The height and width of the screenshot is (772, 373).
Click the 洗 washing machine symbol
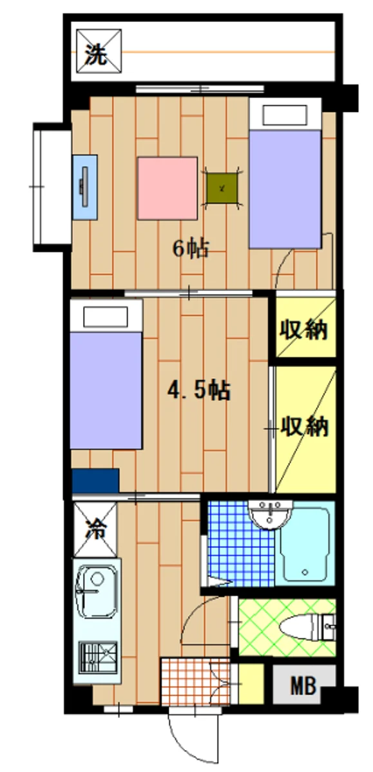pyautogui.click(x=97, y=50)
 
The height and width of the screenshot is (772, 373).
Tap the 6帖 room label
pyautogui.click(x=190, y=248)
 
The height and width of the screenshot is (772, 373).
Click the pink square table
pyautogui.click(x=167, y=187)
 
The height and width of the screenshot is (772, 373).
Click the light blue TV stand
pyautogui.click(x=85, y=187)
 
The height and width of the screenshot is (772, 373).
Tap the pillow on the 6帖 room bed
pyautogui.click(x=284, y=116)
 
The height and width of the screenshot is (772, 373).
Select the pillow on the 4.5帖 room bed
pyautogui.click(x=106, y=317)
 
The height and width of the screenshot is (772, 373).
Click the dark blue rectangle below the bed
pyautogui.click(x=95, y=480)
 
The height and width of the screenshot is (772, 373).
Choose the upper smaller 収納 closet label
pyautogui.click(x=304, y=330)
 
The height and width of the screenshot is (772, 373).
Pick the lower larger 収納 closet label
pyautogui.click(x=305, y=427)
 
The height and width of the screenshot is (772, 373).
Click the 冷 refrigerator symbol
pyautogui.click(x=95, y=529)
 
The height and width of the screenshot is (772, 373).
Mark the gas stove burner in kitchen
pyautogui.click(x=99, y=658)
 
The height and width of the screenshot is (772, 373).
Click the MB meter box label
pyautogui.click(x=303, y=685)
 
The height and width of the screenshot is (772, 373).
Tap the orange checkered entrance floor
pyautogui.click(x=196, y=681)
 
